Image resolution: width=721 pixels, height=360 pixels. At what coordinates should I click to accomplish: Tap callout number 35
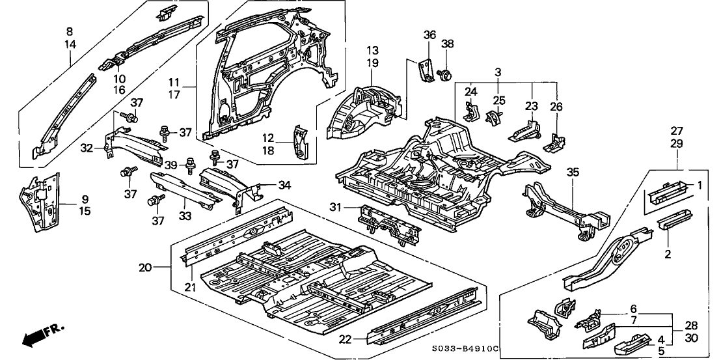572,172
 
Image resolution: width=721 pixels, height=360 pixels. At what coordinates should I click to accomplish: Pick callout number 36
428,35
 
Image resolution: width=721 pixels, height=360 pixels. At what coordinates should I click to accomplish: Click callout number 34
283,186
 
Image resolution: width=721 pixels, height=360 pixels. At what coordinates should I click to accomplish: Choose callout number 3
498,71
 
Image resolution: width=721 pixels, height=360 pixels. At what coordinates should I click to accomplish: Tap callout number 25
498,100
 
